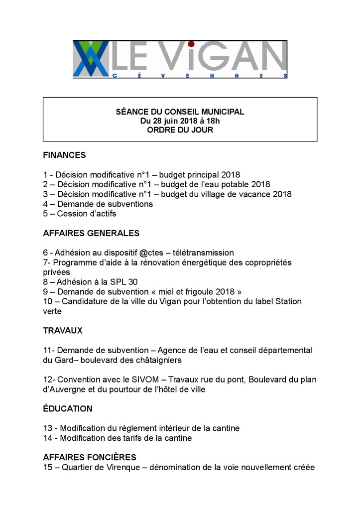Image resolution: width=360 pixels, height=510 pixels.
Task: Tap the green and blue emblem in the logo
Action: (91, 59)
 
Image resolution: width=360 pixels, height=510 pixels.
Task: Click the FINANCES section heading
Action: (64, 155)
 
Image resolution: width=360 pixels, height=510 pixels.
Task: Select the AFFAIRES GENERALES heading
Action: (91, 233)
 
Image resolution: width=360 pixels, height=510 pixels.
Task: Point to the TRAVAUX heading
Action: (63, 331)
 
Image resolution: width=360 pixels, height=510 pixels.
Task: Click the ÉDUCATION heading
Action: (68, 409)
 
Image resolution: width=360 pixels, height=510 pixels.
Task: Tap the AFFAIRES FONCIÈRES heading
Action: (90, 457)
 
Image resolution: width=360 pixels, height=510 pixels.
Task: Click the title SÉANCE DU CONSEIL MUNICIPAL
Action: (180, 112)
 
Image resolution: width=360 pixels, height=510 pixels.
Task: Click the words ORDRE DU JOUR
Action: (180, 130)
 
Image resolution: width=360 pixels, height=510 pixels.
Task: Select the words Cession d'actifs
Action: (87, 214)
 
